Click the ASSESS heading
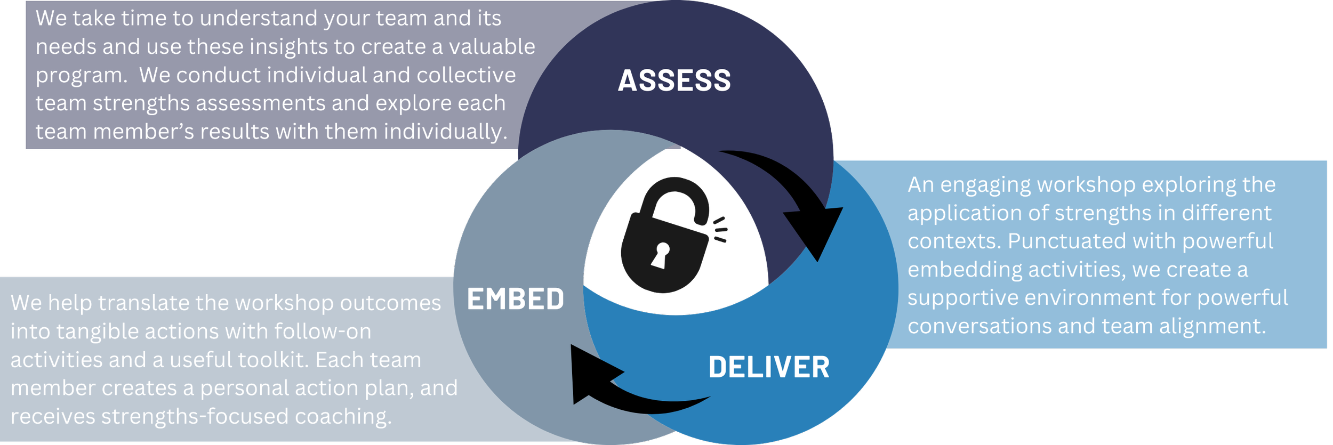click(674, 81)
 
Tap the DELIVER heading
click(768, 368)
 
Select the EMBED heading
click(515, 299)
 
